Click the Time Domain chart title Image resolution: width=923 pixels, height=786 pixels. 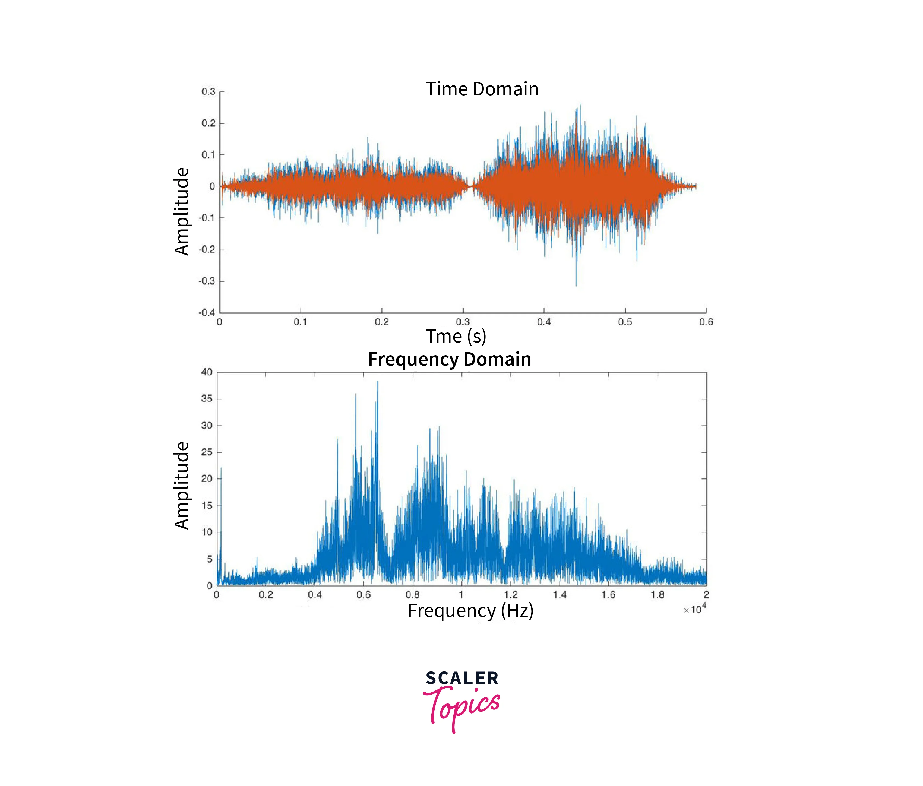482,89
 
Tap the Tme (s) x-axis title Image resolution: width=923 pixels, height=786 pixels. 456,336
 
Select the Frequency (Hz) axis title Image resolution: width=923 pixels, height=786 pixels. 470,611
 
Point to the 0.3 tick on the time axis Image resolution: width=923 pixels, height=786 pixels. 463,322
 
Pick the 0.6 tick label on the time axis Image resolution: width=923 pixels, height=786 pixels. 706,322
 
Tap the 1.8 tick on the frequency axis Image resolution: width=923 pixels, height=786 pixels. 658,594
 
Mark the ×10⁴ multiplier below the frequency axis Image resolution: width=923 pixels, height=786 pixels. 694,609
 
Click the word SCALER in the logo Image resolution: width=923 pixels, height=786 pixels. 462,678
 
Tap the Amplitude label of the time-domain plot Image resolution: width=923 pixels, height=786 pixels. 182,211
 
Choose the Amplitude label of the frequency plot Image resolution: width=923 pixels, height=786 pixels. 182,485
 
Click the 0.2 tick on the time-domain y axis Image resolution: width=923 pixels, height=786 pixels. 208,123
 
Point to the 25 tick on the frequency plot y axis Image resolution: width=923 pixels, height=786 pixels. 207,452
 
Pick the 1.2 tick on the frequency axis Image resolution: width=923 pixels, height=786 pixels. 511,594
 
